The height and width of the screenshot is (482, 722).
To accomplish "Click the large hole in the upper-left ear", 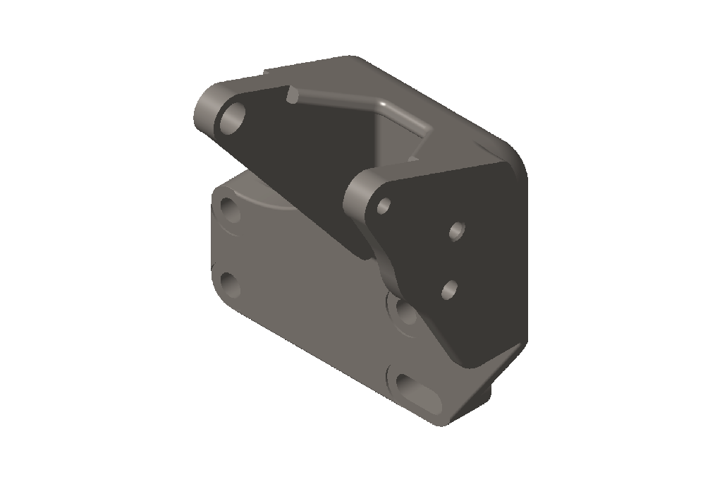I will point(231,119).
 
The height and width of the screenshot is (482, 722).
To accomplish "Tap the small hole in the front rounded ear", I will point(384,206).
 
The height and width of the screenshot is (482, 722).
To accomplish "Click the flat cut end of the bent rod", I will point(290,95).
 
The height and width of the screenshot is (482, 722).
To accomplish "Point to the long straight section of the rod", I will point(338,100).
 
